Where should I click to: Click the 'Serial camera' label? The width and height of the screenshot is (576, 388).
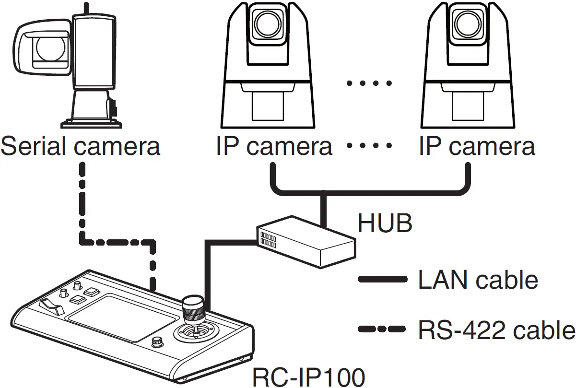80,146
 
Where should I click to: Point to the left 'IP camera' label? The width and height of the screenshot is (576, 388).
274,146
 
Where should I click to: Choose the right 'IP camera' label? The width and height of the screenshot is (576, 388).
477,146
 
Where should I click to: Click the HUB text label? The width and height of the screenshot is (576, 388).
385,223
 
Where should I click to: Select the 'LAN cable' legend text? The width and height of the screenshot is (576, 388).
478,280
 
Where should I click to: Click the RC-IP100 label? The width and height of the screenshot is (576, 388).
308,377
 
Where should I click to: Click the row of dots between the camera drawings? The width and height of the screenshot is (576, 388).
369,83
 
